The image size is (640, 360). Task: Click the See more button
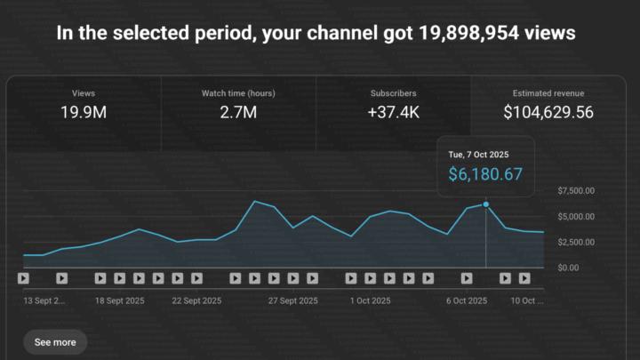coord(55,341)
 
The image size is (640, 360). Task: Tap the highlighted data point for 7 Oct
coord(485,204)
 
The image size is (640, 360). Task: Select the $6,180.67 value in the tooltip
coord(484,174)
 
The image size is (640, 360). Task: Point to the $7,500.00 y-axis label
coord(576,191)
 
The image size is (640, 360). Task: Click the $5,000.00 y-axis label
coord(576,217)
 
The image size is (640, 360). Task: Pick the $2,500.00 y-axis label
coord(576,242)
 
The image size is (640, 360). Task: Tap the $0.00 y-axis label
coord(568,268)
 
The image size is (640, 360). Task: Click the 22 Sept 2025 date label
coord(196,300)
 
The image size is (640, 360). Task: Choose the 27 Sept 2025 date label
coord(294,300)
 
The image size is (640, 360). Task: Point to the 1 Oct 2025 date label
coord(372,300)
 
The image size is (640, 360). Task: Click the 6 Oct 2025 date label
coord(466,300)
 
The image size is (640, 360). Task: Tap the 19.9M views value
coord(84,112)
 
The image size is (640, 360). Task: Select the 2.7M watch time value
coord(238,112)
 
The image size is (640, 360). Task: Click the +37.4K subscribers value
coord(393,112)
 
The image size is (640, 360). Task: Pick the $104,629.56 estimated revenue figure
coord(548,112)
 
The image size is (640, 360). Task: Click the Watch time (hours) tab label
coord(238,92)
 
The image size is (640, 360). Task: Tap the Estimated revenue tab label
coord(548,92)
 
